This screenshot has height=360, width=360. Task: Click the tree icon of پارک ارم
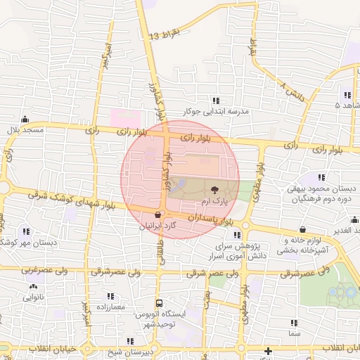[214, 189]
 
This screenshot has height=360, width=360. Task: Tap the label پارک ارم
[214, 202]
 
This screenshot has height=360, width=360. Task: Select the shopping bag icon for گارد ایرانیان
[157, 214]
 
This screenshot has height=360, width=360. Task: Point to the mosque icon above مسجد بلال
[25, 119]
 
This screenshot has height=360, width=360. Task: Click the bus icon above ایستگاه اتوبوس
[157, 304]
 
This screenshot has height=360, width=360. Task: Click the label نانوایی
[32, 298]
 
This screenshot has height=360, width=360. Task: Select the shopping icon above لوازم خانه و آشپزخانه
[302, 229]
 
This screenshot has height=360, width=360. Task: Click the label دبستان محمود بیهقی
[322, 190]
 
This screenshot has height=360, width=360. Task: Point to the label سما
[293, 333]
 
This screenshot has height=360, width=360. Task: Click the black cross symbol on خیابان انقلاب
[268, 351]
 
